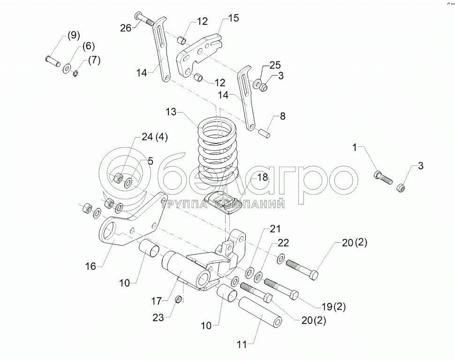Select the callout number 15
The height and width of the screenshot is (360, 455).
coord(233,18)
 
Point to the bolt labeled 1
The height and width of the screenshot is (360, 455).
coord(383,178)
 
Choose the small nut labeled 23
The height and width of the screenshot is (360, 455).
coord(178,300)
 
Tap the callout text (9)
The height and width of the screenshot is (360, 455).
coord(74,35)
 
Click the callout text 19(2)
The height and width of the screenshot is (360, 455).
coord(334,307)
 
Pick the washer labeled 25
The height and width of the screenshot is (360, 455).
coord(258,84)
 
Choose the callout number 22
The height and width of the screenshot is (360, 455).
coord(283,243)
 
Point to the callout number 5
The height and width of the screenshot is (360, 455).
coord(150,161)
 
